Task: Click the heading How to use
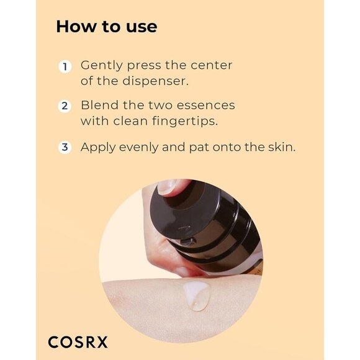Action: click(106, 27)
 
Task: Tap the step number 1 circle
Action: click(65, 66)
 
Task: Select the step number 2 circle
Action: click(65, 106)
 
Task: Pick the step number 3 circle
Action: click(65, 148)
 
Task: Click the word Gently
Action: click(99, 66)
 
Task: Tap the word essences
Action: click(208, 106)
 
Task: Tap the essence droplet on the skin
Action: click(197, 296)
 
